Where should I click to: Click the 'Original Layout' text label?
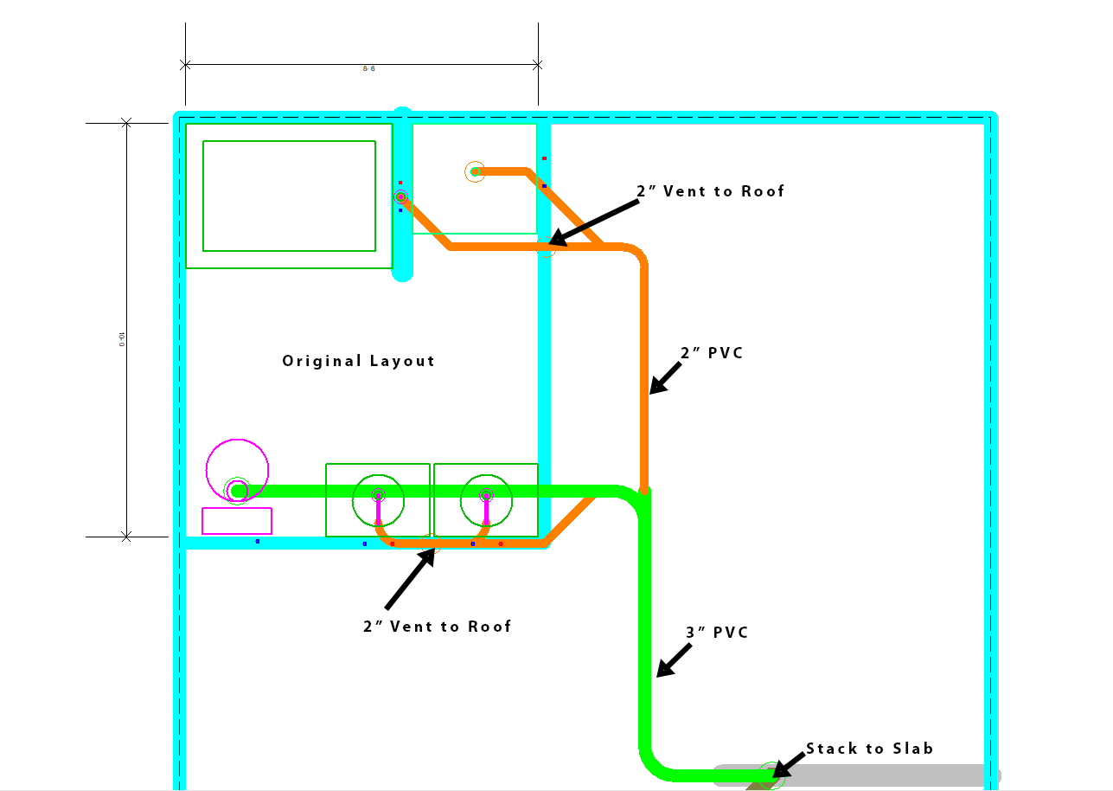358,361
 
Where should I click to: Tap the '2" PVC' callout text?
712,353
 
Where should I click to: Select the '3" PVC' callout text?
717,633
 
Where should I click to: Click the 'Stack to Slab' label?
869,749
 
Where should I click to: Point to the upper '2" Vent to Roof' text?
710,191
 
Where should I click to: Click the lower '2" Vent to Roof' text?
437,626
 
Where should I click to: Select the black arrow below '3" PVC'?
673,660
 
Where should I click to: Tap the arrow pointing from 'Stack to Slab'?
787,765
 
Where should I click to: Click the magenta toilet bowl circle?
237,468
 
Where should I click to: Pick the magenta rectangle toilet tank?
237,521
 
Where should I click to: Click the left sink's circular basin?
378,499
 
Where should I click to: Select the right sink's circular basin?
486,499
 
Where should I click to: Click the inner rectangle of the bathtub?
289,196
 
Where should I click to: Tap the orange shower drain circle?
474,171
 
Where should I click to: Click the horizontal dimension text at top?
369,68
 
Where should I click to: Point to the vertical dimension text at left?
122,338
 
